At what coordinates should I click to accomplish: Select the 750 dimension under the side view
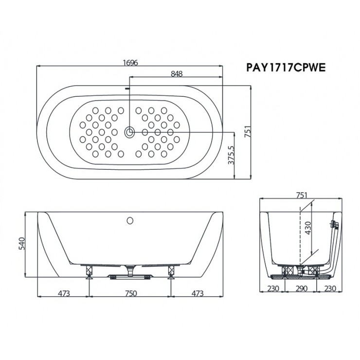click(130, 293)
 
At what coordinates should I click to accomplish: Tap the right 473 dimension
click(196, 293)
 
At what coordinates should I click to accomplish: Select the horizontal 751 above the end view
click(301, 195)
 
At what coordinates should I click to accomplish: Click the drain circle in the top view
click(130, 131)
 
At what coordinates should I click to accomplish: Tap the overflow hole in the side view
click(130, 220)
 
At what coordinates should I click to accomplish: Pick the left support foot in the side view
click(89, 272)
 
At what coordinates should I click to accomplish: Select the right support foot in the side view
click(171, 272)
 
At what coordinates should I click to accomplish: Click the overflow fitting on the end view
click(333, 225)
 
